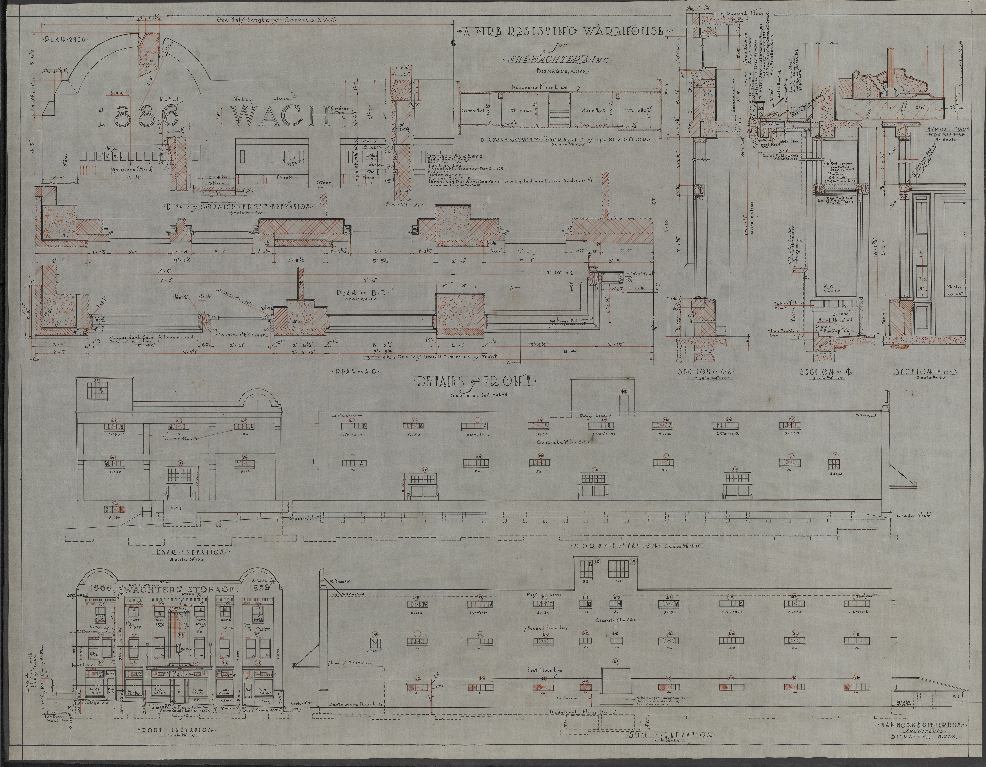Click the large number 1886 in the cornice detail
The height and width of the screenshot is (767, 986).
[139, 116]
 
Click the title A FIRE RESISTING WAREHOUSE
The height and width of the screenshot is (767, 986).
[561, 32]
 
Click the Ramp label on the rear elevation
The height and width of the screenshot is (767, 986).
[176, 507]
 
